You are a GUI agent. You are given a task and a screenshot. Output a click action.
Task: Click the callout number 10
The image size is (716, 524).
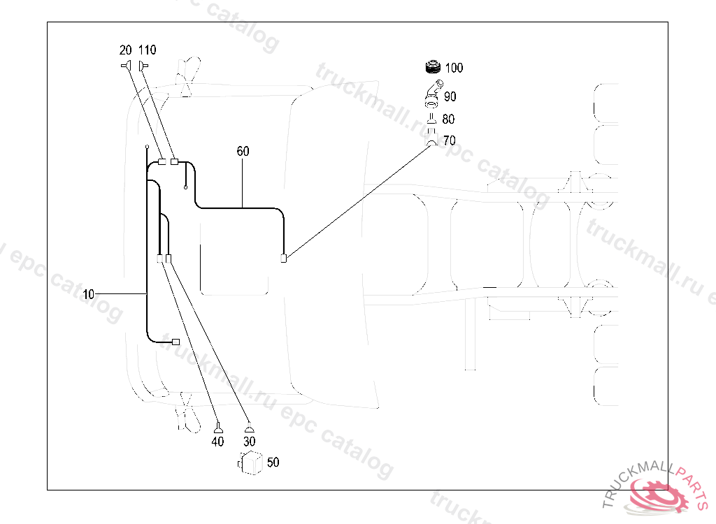tap(88, 294)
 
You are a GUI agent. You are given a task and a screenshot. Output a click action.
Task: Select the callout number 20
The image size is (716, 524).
tap(126, 50)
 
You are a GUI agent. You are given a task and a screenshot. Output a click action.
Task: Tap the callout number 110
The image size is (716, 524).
tap(147, 50)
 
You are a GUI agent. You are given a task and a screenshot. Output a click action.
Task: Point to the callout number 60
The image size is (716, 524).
tap(243, 151)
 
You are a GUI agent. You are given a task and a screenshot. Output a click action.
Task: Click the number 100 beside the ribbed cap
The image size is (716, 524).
tap(454, 68)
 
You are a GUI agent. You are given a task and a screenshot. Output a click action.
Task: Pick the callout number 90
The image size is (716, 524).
tap(450, 96)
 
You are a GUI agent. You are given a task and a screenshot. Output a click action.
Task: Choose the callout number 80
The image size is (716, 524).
tap(448, 119)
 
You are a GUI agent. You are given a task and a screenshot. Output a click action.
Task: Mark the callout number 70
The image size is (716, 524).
tap(449, 141)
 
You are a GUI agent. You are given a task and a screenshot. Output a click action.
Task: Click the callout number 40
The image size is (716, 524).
tap(218, 442)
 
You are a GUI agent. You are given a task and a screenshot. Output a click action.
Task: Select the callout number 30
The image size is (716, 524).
tap(249, 442)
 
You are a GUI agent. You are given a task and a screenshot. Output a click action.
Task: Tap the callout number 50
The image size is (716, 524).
tap(273, 462)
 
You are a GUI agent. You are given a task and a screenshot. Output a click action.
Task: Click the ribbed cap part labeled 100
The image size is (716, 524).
tap(433, 68)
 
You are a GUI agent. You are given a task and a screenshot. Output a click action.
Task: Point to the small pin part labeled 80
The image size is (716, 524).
tap(432, 119)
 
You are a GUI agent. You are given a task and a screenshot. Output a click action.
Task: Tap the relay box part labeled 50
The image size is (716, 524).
tap(250, 463)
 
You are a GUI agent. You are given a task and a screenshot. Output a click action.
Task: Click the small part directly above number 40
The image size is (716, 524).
tap(218, 428)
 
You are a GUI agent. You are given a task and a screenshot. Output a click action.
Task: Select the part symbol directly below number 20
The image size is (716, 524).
tap(126, 66)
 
